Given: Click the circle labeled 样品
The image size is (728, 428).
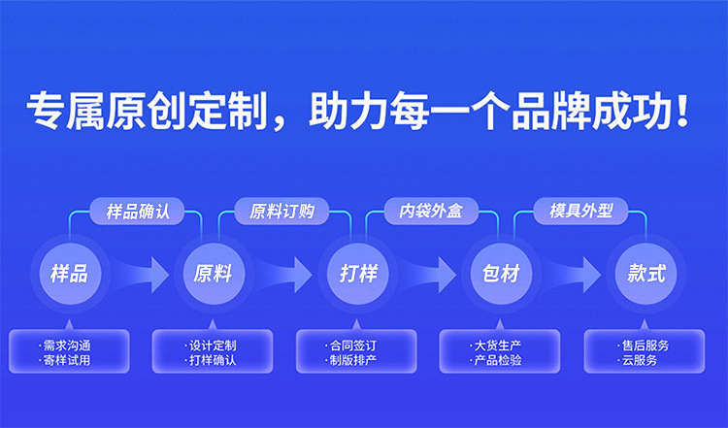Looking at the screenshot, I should click(69, 273).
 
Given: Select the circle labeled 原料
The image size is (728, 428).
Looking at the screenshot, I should click(213, 273).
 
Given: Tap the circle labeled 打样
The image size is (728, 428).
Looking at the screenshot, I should click(357, 273).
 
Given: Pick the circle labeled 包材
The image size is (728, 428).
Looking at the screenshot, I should click(501, 273).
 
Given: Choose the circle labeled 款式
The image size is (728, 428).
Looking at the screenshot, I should click(645, 273).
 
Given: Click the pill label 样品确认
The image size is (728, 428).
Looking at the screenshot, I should click(138, 211).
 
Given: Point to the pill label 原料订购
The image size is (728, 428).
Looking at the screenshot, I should click(282, 211).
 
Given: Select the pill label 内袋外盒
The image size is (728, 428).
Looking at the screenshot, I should click(430, 211).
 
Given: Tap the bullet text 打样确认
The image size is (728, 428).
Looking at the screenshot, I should click(213, 360).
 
